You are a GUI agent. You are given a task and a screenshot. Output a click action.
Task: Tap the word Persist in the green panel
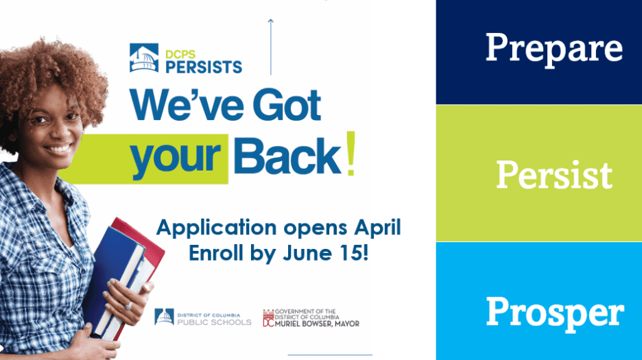[x=554, y=174]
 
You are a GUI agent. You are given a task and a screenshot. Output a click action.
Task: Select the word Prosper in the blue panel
[x=555, y=313]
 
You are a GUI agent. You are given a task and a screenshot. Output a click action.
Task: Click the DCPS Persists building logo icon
[x=144, y=58]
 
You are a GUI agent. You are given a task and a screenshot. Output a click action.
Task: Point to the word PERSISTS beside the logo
[x=204, y=67]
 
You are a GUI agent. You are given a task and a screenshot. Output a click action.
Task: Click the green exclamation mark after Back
[x=350, y=154]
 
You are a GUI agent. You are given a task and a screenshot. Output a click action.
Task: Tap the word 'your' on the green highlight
[x=175, y=158]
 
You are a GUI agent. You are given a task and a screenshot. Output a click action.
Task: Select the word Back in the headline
[x=287, y=156]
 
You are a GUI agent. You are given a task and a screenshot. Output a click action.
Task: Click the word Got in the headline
[x=287, y=105]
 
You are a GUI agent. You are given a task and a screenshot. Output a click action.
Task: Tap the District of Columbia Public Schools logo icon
[x=164, y=317]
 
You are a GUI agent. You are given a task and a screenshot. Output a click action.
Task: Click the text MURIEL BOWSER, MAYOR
[x=317, y=324]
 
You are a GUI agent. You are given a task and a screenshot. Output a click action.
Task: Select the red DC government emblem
[x=268, y=317]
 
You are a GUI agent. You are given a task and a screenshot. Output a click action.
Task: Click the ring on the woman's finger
[x=128, y=306]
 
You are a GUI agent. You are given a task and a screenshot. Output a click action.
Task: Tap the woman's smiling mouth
[x=58, y=148]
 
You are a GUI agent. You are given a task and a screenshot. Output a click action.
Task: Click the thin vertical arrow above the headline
[x=271, y=47]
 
